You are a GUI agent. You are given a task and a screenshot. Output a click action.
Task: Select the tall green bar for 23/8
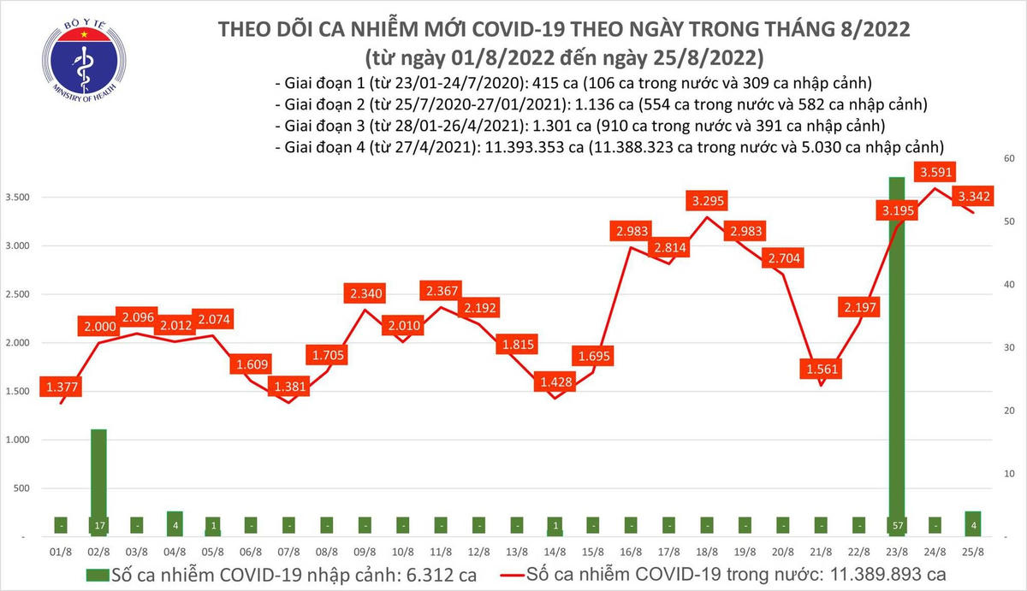896,342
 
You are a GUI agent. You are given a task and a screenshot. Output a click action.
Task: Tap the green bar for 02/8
99,479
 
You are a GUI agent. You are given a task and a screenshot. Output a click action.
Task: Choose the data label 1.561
822,369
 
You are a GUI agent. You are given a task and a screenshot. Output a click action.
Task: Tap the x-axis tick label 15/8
593,553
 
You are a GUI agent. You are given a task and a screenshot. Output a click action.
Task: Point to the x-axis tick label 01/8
62,553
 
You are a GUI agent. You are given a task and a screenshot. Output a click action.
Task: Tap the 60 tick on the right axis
1009,159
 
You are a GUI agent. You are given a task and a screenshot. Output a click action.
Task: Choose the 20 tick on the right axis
1009,411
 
